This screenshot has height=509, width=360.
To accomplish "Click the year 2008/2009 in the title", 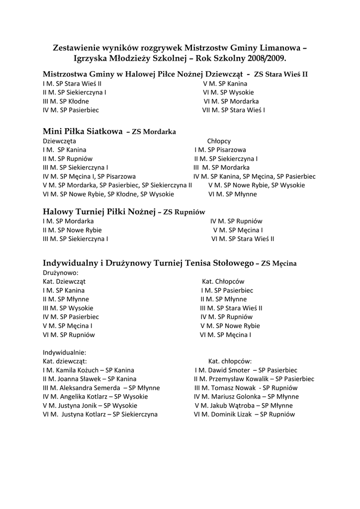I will click(x=269, y=59).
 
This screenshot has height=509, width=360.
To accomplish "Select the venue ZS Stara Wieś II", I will click(x=280, y=75).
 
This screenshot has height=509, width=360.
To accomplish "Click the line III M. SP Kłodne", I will click(x=66, y=101).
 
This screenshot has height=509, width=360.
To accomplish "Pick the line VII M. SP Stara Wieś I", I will click(x=234, y=109).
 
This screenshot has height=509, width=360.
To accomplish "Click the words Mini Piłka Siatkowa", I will click(x=83, y=132).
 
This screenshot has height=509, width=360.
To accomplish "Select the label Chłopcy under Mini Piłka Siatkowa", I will click(x=219, y=141).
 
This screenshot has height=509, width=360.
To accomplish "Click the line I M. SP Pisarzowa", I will click(x=220, y=150).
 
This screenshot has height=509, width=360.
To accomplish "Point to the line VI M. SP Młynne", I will click(x=233, y=194).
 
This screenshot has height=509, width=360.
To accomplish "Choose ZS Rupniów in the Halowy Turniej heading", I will click(x=184, y=212).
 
